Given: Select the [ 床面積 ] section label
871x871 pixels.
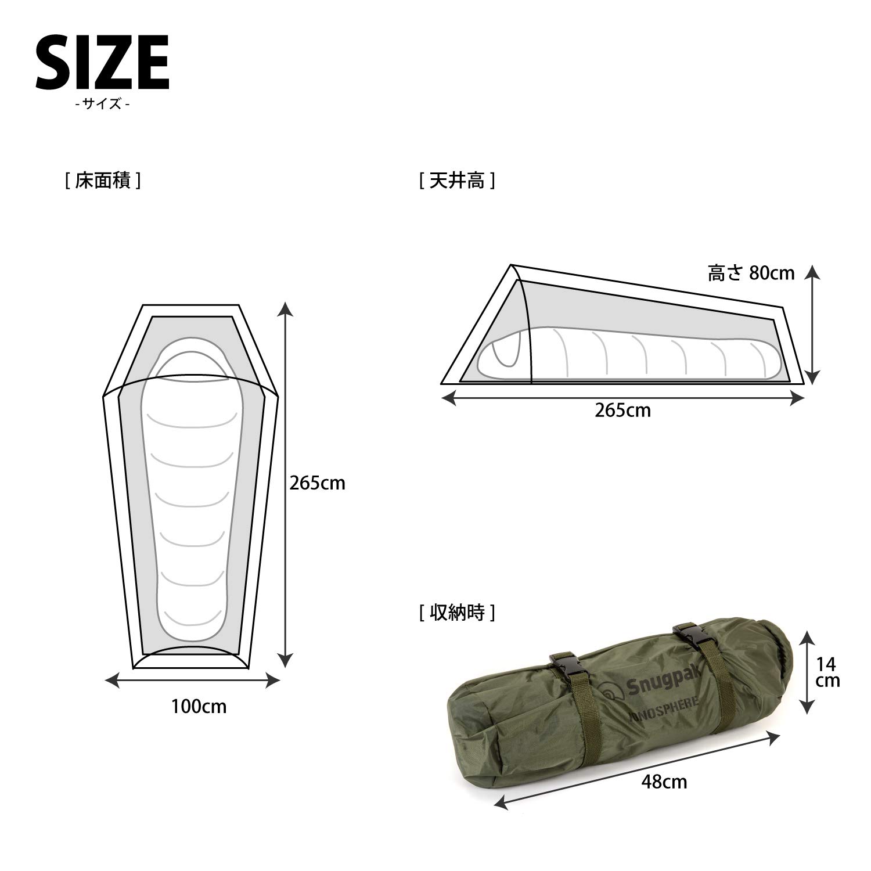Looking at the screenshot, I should coord(103,181).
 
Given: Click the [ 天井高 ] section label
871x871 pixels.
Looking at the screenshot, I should coord(457,181).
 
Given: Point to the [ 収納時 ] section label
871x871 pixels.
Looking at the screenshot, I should coord(457,613).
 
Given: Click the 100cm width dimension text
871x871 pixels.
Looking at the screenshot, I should coord(199,707).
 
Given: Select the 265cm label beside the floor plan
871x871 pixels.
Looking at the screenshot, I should coord(317,483).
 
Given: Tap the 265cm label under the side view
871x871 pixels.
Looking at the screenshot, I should coord(622,411).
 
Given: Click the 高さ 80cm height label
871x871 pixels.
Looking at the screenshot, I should coord(751,273).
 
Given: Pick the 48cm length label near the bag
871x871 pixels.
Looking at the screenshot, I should coord(664,782).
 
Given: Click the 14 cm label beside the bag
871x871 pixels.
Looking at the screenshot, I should coord(827,671).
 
